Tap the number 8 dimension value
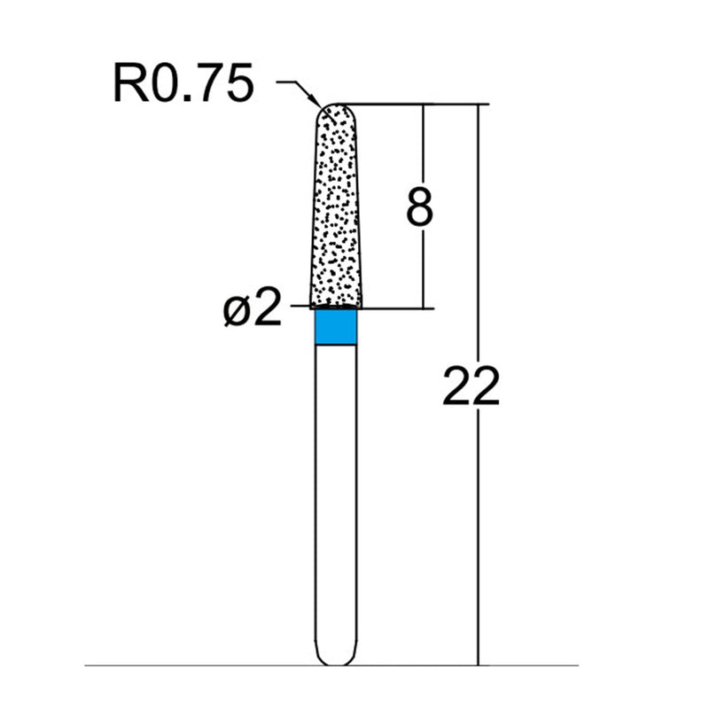pyautogui.click(x=419, y=207)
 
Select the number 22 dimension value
pyautogui.click(x=471, y=387)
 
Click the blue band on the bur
pyautogui.click(x=337, y=327)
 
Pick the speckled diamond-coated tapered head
pyautogui.click(x=337, y=213)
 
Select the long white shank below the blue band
pyautogui.click(x=337, y=496)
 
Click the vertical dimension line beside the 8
pyautogui.click(x=425, y=266)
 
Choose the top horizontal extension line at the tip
pyautogui.click(x=408, y=104)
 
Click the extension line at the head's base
pyautogui.click(x=390, y=308)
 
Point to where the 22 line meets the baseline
pyautogui.click(x=479, y=665)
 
